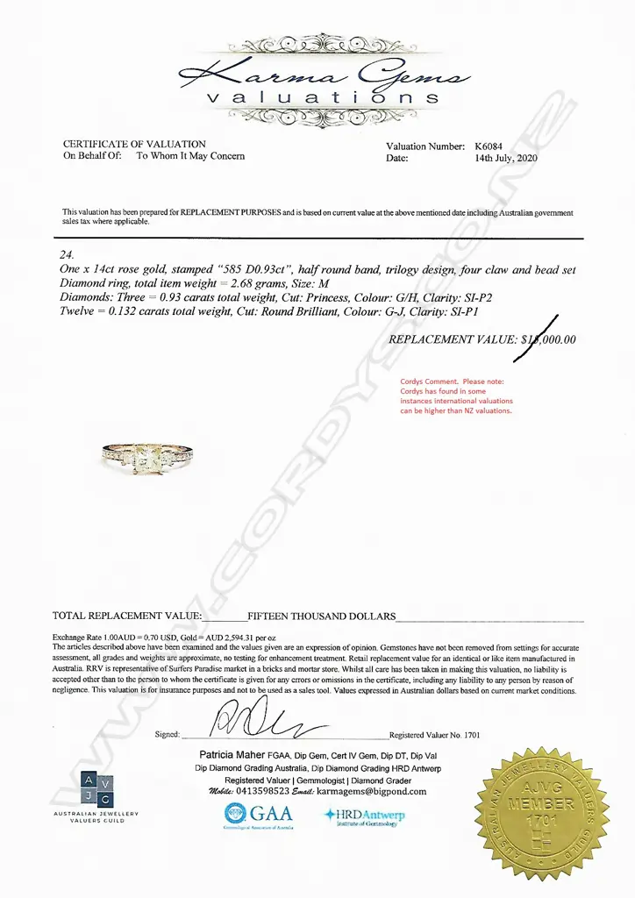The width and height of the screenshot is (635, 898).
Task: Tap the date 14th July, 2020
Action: (x=505, y=159)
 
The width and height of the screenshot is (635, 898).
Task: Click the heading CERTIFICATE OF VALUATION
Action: (x=134, y=144)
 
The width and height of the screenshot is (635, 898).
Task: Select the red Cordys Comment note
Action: (x=456, y=396)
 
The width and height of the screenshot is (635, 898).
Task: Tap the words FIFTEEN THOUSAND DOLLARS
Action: (x=322, y=616)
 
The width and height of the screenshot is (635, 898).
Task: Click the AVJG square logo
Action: (x=97, y=788)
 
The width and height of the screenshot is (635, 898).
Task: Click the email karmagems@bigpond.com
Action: (x=372, y=791)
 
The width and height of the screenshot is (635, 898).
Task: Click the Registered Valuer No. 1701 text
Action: (x=435, y=735)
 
